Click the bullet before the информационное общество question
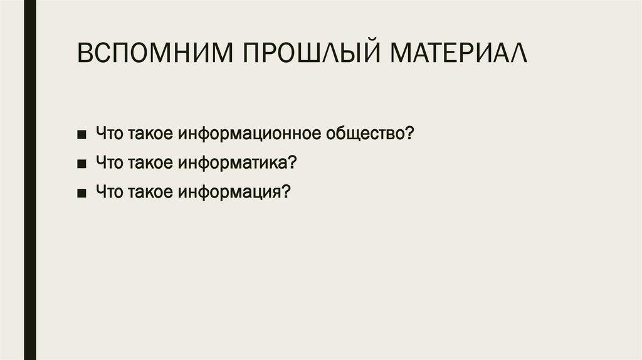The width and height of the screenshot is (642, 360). tap(83, 135)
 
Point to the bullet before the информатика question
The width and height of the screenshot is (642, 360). tap(83, 163)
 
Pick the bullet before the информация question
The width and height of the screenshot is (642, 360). tap(83, 192)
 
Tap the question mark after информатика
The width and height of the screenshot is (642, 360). tap(292, 162)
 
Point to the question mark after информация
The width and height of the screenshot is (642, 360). tap(285, 191)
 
